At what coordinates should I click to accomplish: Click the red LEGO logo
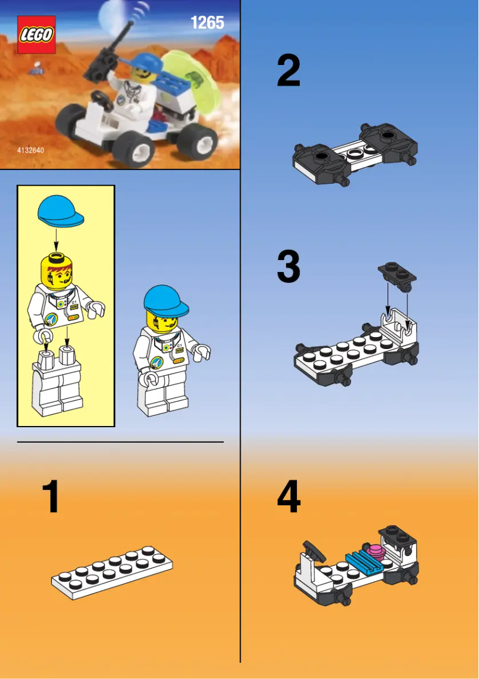click(36, 35)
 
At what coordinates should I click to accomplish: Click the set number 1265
click(207, 23)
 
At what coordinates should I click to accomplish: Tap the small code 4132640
click(30, 150)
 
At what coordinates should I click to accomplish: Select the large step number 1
click(51, 497)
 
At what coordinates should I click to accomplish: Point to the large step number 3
click(288, 267)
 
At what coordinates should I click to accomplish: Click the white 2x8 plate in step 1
click(112, 573)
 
